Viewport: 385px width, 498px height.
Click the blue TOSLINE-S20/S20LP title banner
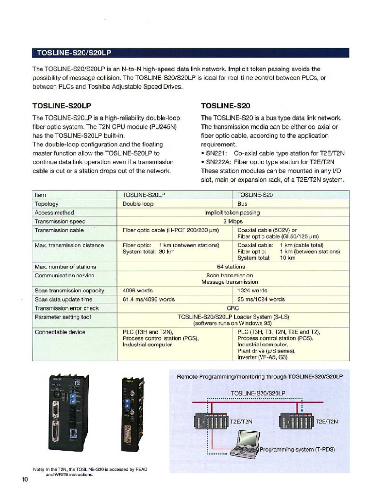190,53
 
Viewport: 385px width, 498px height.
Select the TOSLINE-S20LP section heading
62,106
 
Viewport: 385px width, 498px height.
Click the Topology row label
47,204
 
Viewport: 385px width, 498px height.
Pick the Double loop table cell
138,204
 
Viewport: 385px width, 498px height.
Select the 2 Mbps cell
233,221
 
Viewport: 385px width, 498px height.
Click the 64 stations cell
231,267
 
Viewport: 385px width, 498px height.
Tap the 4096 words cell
137,290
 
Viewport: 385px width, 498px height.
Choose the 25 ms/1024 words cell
261,299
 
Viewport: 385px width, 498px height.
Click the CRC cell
233,308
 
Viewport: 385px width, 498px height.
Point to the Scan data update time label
64,299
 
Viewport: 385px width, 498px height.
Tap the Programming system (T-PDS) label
297,450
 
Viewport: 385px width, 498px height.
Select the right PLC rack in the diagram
296,421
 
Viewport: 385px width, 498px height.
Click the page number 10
25,479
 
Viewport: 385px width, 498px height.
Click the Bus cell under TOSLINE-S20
242,204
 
